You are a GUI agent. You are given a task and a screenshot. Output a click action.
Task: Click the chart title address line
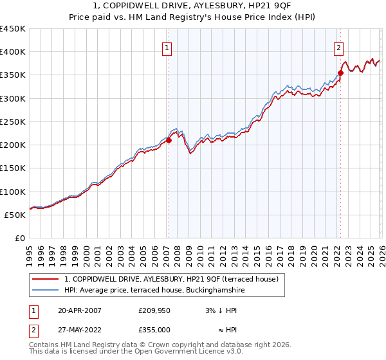192,6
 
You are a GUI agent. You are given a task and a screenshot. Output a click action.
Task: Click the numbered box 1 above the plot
167,47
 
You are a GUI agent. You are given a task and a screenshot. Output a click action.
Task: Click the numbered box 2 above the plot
338,47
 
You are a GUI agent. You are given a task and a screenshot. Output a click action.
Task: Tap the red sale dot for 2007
169,140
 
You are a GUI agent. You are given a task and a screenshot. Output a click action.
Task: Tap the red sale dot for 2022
340,73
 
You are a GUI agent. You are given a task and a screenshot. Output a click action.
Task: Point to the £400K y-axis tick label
12,52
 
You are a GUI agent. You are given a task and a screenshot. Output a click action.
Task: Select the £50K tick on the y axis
15,215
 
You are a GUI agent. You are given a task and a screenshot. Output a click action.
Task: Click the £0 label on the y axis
20,238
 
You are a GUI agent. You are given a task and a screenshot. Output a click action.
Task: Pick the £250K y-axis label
12,122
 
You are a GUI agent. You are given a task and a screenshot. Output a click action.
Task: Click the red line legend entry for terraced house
170,279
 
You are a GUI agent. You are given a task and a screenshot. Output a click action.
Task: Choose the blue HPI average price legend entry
154,291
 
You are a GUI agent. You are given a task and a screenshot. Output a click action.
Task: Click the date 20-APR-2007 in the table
80,310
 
